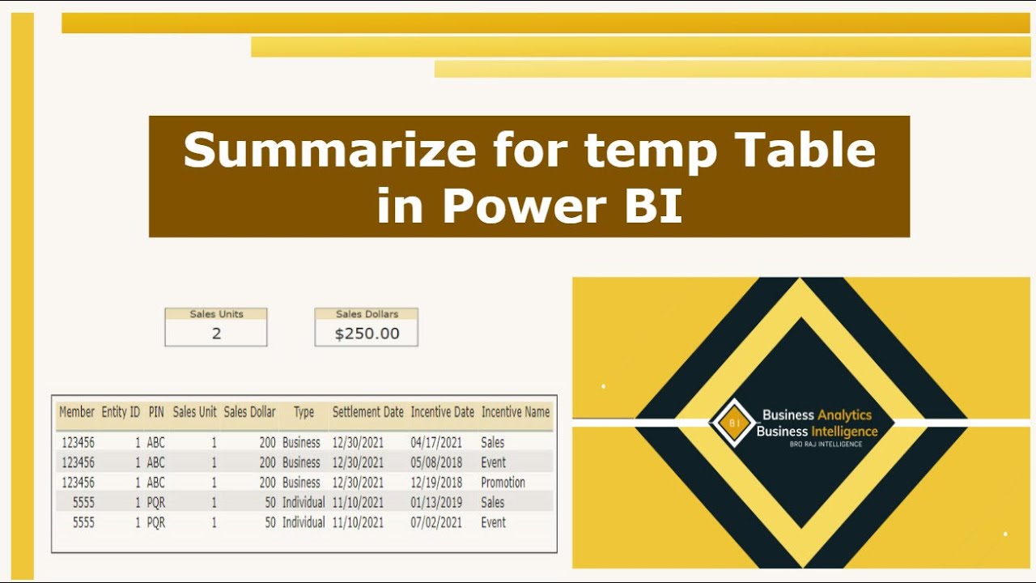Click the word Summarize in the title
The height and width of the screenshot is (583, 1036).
329,150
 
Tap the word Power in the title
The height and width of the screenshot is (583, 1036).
524,205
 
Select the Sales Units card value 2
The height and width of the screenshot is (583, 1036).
216,334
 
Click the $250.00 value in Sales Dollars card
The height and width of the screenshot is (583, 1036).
367,334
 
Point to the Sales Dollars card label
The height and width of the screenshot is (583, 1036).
367,314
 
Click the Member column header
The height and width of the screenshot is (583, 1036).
77,412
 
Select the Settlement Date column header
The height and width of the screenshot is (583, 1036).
367,412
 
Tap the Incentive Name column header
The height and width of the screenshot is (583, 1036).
516,412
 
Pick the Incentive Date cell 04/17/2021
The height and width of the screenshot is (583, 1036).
436,443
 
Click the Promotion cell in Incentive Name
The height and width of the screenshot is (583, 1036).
503,483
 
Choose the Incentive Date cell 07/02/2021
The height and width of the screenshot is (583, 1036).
436,523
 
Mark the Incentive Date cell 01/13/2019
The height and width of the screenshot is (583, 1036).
436,503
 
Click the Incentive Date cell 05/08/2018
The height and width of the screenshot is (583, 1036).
436,462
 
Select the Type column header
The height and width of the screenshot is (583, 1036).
304,412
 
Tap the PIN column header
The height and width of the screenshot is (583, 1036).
156,412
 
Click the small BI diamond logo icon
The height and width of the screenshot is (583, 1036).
733,423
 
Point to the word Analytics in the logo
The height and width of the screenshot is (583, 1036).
844,415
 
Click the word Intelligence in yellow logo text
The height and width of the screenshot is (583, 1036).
844,432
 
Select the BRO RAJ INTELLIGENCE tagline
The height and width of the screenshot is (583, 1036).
826,445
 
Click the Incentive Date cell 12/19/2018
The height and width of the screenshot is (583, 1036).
436,483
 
